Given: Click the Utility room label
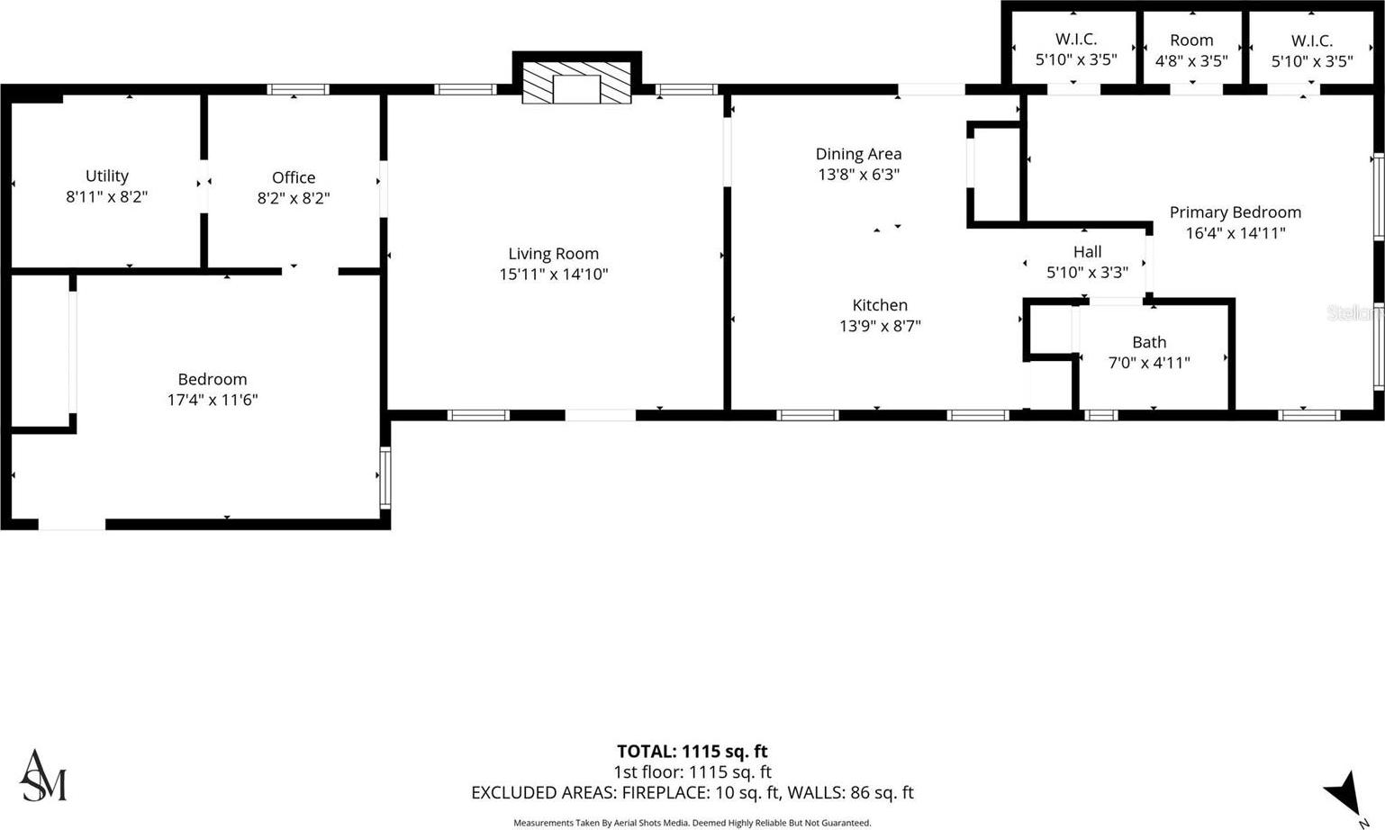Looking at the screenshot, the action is point(107,176).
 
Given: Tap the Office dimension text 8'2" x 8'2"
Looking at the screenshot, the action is point(294,198).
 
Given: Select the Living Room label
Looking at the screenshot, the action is point(554,254).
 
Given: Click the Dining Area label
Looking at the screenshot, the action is point(858,154).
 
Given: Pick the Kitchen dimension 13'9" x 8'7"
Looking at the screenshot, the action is point(880,326).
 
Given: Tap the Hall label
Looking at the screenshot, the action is point(1087,251).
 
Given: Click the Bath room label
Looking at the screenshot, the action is point(1149,342).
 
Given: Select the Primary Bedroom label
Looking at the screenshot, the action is point(1236,212).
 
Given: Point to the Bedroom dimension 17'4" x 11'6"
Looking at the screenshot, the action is point(213,400).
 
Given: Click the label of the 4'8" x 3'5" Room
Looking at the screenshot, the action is point(1191,41).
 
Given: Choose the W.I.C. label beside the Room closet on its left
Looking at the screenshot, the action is point(1076,40).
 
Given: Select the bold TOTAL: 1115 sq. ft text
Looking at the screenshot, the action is point(692,752).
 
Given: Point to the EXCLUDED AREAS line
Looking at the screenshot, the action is point(692,792).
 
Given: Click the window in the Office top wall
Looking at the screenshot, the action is point(298,90).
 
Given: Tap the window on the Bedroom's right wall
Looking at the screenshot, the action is point(385,478).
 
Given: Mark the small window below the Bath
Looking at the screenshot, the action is point(1100,415).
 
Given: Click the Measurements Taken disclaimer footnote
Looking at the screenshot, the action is point(692,823).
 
